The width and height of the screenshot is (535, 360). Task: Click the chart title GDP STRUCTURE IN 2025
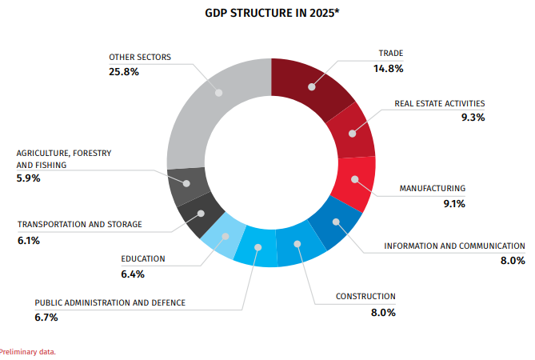(272, 13)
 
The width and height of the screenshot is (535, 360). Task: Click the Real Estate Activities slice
(351, 131)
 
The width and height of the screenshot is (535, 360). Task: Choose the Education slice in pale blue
(223, 235)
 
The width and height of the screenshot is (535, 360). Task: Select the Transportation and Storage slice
(200, 215)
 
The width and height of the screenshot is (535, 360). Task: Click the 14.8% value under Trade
(389, 69)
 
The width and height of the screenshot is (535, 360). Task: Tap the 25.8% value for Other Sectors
(124, 72)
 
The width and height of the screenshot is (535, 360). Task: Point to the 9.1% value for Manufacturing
(454, 204)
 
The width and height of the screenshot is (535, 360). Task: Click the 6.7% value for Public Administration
(46, 318)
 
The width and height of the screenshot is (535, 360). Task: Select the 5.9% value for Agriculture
(28, 178)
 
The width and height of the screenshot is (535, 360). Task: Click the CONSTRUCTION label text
(365, 296)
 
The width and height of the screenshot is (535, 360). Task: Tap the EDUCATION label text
(143, 258)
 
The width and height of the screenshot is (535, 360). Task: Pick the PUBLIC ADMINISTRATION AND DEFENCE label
(110, 302)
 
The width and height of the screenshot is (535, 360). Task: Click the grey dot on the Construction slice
(297, 244)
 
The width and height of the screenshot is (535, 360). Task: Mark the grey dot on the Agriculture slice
(186, 183)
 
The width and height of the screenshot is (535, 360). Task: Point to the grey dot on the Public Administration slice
(258, 247)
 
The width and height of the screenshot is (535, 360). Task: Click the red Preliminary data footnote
(27, 352)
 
